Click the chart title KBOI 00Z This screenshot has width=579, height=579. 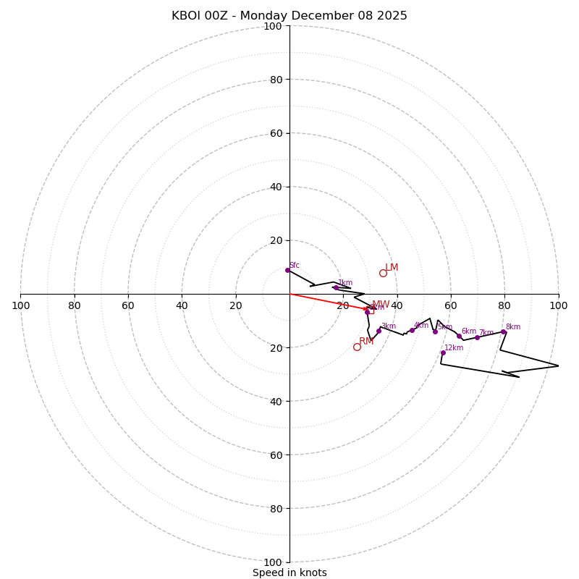click(x=289, y=16)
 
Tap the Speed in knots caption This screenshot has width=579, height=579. click(x=289, y=572)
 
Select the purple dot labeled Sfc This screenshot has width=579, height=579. click(x=287, y=270)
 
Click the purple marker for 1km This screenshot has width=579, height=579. click(x=336, y=287)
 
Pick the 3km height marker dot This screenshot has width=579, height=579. click(x=379, y=331)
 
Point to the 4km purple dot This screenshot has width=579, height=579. click(x=412, y=330)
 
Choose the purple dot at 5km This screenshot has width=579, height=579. click(x=435, y=331)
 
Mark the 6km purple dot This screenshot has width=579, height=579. click(x=459, y=336)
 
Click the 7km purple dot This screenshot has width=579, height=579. click(x=477, y=337)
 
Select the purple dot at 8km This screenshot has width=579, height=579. click(x=503, y=331)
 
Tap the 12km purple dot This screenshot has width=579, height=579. click(x=443, y=352)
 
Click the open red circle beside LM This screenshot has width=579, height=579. click(x=383, y=273)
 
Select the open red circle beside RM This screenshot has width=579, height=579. click(x=357, y=347)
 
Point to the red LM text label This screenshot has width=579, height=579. click(x=392, y=268)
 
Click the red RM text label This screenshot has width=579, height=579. click(x=366, y=342)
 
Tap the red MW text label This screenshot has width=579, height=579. click(x=381, y=305)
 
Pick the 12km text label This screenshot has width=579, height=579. click(x=454, y=348)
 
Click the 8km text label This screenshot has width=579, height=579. click(x=513, y=327)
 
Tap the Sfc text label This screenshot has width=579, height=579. click(x=295, y=266)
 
